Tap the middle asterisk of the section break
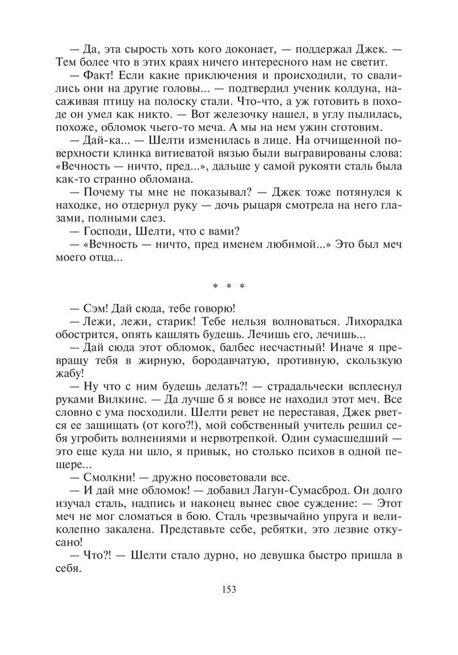[228, 286]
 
